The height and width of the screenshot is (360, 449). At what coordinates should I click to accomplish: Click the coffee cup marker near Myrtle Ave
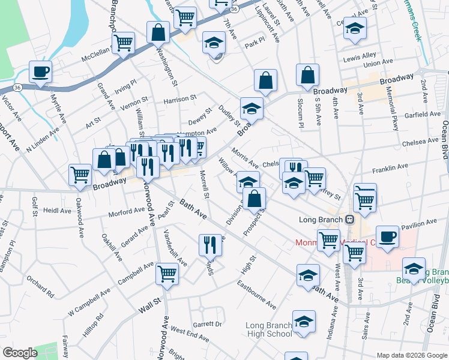[40, 72]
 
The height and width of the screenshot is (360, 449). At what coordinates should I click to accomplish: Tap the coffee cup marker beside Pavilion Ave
[388, 236]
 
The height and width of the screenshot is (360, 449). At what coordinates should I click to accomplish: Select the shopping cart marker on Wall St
[167, 274]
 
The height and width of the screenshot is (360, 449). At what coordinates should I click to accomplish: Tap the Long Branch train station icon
[348, 219]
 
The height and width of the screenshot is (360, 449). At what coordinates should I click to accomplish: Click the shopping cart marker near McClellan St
[123, 43]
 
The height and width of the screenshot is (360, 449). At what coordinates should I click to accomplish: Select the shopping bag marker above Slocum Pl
[307, 76]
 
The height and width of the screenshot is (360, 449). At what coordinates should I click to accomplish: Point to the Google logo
[20, 353]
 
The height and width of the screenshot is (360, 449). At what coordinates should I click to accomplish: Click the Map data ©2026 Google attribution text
[412, 355]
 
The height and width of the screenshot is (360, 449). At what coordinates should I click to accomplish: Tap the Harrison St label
[180, 97]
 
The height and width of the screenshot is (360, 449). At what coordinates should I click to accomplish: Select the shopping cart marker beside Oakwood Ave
[79, 175]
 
